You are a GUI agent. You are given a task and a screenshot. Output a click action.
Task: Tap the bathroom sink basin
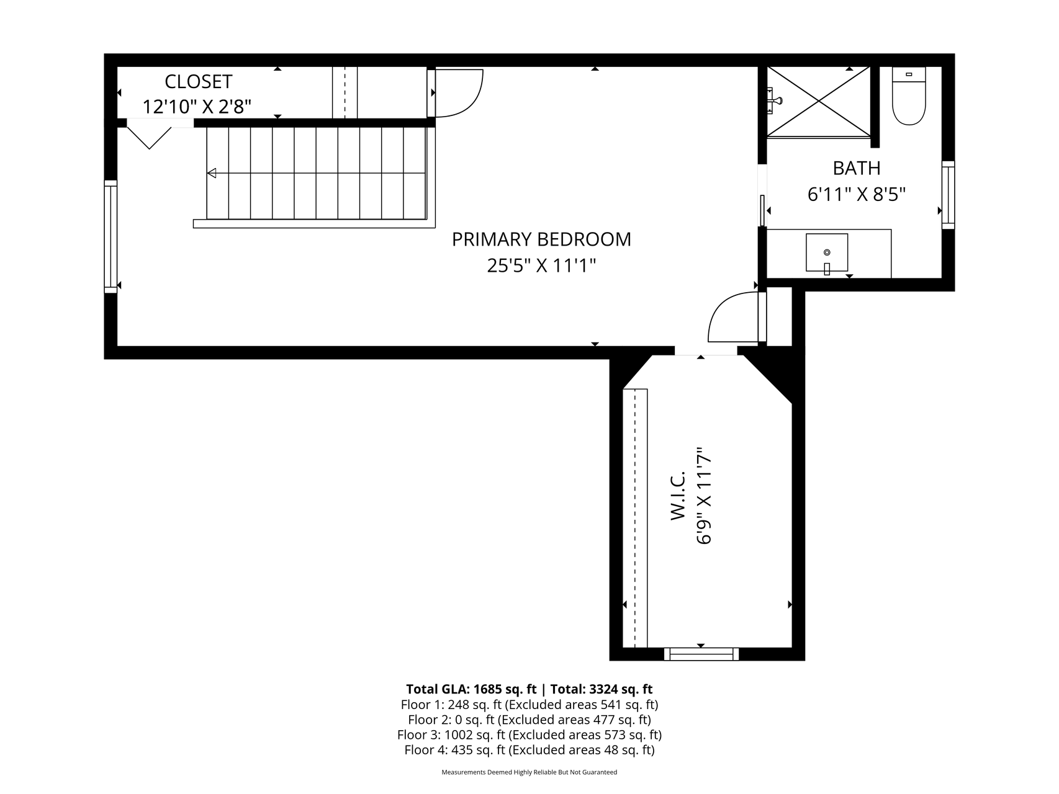point(827,253)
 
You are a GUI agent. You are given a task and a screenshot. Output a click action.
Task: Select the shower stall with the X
point(819,102)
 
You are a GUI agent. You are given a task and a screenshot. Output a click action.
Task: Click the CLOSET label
point(199,81)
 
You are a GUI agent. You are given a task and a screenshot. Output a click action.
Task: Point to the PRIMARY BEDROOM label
point(541,239)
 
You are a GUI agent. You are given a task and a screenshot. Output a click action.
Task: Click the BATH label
point(857,168)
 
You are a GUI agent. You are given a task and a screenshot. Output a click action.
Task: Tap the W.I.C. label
point(678,495)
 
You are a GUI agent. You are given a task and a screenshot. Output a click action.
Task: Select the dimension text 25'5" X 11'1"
point(541,266)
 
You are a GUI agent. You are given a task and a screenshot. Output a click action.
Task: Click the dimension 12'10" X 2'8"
point(197,107)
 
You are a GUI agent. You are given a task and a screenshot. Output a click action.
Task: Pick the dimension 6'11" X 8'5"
point(857,195)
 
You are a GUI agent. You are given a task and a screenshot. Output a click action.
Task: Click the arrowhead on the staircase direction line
point(212,173)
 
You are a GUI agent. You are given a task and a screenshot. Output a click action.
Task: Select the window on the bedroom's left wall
point(110,236)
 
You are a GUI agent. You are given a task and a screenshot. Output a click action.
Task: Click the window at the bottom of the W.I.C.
point(701,654)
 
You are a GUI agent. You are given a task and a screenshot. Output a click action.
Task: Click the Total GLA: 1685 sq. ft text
point(471,689)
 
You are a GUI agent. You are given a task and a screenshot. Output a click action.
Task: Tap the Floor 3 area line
point(529,735)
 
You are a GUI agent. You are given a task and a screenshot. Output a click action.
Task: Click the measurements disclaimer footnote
point(529,772)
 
